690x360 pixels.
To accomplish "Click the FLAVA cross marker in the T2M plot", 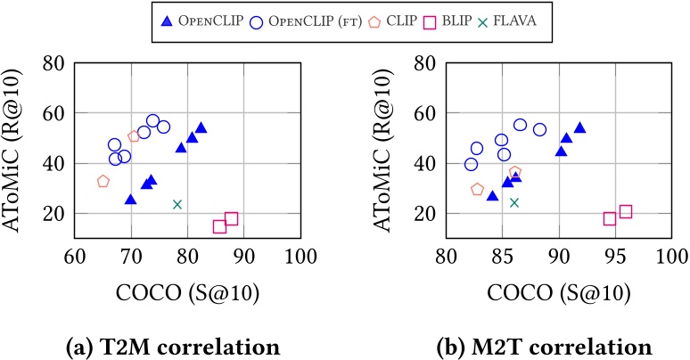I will click(x=177, y=204).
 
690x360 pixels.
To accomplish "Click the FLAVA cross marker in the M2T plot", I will click(x=513, y=202).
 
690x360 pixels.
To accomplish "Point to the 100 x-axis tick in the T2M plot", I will click(x=300, y=259).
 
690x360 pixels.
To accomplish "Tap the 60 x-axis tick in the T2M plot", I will click(x=75, y=259).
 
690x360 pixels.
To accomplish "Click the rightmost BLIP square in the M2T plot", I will click(x=626, y=211).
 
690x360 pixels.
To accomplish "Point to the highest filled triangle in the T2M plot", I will click(x=201, y=127).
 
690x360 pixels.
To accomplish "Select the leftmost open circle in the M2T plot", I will click(x=471, y=164).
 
